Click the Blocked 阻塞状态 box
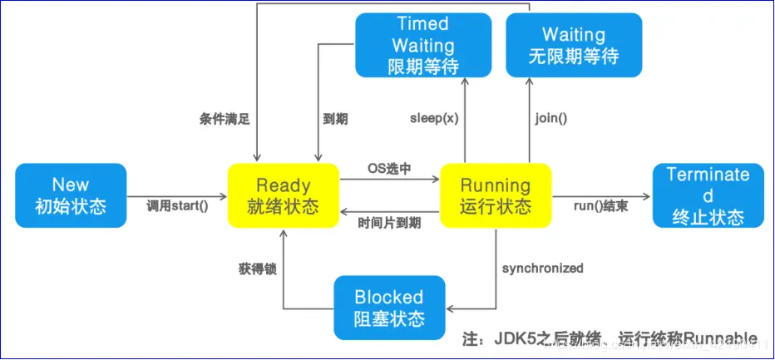click(389, 307)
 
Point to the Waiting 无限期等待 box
click(574, 46)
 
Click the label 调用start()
click(177, 205)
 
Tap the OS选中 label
click(389, 168)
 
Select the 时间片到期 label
click(389, 223)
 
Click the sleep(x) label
click(434, 118)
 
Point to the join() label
click(550, 118)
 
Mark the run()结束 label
click(601, 205)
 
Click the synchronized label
click(542, 268)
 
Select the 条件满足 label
click(225, 119)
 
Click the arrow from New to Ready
click(177, 196)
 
